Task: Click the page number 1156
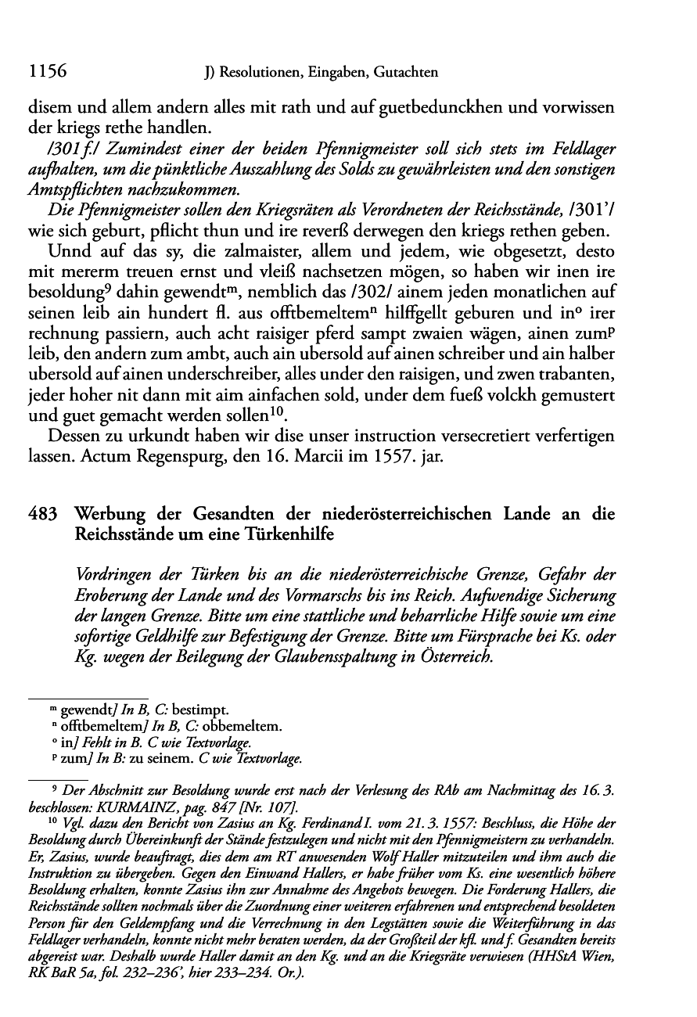click(45, 72)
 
